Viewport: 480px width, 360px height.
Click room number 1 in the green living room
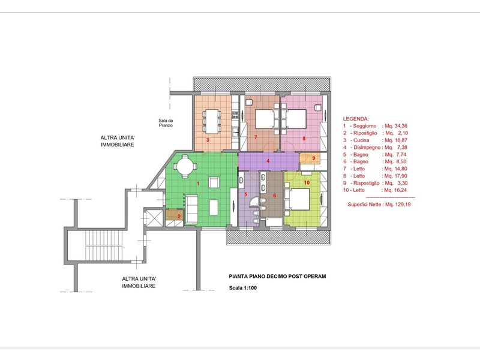pos(198,184)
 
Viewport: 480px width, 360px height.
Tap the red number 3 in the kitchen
pos(208,140)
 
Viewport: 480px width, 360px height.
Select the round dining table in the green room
pos(185,166)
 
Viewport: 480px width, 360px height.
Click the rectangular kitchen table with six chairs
pos(212,121)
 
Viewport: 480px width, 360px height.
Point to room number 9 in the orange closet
pos(313,158)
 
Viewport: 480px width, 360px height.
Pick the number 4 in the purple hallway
pos(268,161)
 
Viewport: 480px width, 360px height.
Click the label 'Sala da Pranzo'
pos(166,123)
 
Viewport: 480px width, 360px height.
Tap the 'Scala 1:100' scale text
pos(243,288)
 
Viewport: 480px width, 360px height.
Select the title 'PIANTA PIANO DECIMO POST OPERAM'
pos(277,276)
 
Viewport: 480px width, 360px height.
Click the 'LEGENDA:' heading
pos(356,119)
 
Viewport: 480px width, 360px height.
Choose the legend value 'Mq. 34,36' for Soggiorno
pos(396,126)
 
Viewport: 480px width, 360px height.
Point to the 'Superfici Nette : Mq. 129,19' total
pos(379,204)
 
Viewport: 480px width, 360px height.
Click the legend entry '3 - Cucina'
pos(356,140)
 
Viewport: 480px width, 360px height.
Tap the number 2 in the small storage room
pos(179,217)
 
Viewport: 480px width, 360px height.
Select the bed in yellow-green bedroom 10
pos(297,199)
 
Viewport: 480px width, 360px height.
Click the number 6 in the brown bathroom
pos(274,196)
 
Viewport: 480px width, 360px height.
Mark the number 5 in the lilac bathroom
pos(245,194)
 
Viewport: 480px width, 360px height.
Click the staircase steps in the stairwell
pos(103,245)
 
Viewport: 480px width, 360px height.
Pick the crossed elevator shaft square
pos(154,218)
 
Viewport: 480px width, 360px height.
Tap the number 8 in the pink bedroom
pos(304,139)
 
